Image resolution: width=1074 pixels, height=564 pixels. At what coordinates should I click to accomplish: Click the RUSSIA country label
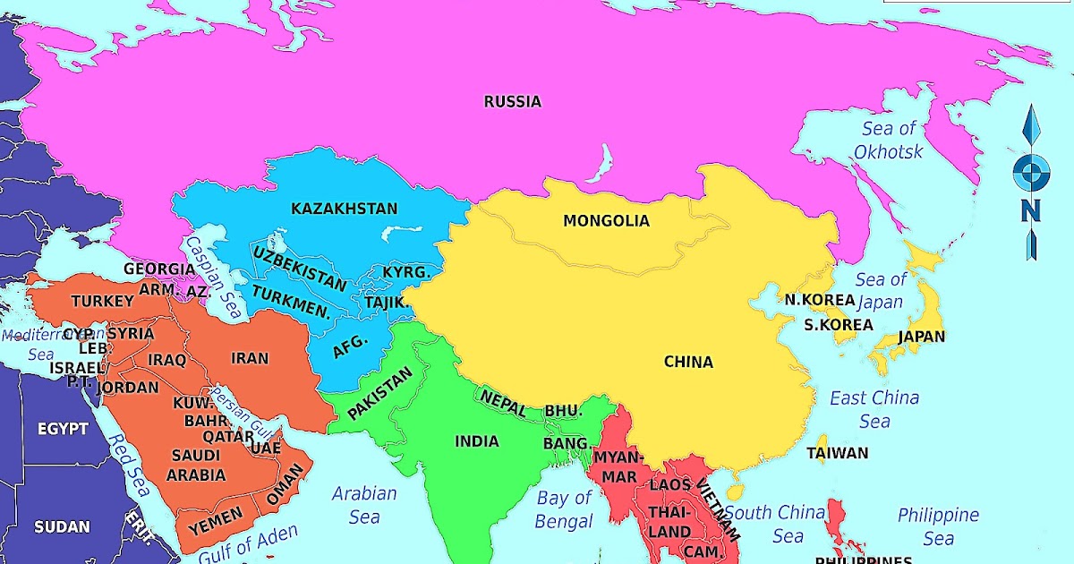[x=512, y=102]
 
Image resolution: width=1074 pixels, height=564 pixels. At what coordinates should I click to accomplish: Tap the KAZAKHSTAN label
[x=344, y=209]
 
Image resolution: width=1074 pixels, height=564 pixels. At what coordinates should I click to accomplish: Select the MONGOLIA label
[x=606, y=221]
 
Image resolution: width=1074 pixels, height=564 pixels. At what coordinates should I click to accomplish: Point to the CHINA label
[x=688, y=363]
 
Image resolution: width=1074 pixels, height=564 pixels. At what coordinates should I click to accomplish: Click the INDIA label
[x=476, y=441]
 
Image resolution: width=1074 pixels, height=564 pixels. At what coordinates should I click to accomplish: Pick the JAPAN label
[x=921, y=338]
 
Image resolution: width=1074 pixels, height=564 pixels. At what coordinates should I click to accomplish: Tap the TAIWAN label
[x=837, y=453]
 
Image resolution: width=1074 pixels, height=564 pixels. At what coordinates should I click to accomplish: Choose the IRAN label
[x=250, y=359]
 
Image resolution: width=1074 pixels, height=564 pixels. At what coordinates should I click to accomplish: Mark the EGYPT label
[x=63, y=429]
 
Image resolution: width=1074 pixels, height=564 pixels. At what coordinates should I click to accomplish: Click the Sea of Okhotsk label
[x=888, y=141]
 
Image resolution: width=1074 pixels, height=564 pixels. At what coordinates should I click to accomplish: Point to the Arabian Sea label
[x=364, y=505]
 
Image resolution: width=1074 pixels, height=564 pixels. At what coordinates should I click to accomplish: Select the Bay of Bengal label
[x=564, y=509]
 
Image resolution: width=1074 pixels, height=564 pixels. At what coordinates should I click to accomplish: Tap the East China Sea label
[x=874, y=409]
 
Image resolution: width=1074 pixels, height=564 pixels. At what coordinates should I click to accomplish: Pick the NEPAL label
[x=503, y=402]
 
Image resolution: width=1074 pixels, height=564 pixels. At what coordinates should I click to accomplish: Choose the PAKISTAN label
[x=380, y=393]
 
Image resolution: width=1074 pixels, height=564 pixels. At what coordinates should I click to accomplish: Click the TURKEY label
[x=102, y=302]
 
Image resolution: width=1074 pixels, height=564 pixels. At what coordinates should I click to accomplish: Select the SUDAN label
[x=63, y=526]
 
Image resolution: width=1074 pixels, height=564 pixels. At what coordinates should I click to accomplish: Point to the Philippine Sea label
[x=938, y=526]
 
